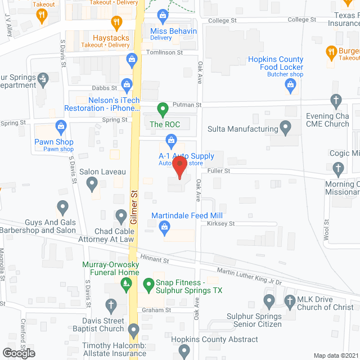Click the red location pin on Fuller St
[179, 167]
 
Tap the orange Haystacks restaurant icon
[116, 24]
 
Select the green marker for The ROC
[163, 109]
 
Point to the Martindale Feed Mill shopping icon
[164, 227]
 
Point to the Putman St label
[187, 105]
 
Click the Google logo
[18, 353]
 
